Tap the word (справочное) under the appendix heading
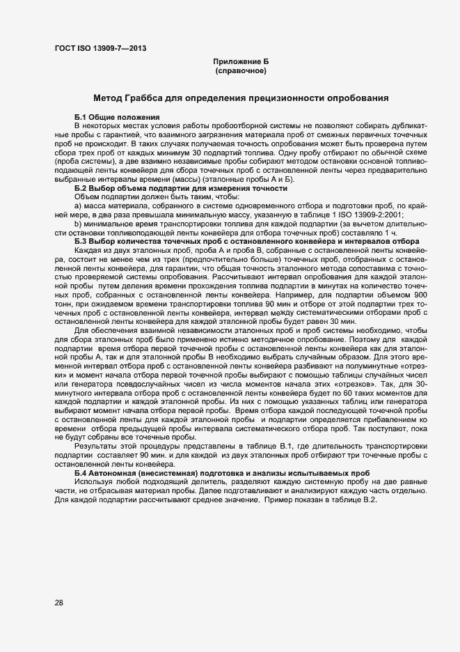tap(241, 71)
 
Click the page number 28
tap(59, 603)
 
